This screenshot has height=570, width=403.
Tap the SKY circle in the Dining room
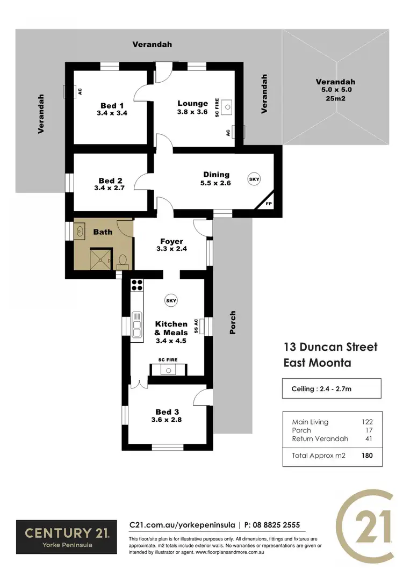click(x=254, y=179)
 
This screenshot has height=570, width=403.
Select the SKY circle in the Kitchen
click(x=171, y=301)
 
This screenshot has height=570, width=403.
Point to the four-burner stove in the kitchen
click(x=137, y=285)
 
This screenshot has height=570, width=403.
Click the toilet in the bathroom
click(x=123, y=261)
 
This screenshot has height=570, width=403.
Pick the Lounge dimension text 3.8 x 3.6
click(x=192, y=112)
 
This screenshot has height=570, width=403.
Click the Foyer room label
click(x=171, y=242)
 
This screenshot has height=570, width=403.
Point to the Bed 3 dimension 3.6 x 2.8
click(x=167, y=420)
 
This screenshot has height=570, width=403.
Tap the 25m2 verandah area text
click(x=335, y=98)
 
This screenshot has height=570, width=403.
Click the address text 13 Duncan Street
click(x=330, y=347)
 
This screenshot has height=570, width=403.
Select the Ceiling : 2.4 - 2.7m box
click(x=332, y=388)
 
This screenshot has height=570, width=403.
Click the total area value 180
click(x=367, y=455)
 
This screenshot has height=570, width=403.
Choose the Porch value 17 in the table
click(x=369, y=430)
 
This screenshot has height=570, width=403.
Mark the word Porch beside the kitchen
click(x=233, y=322)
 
